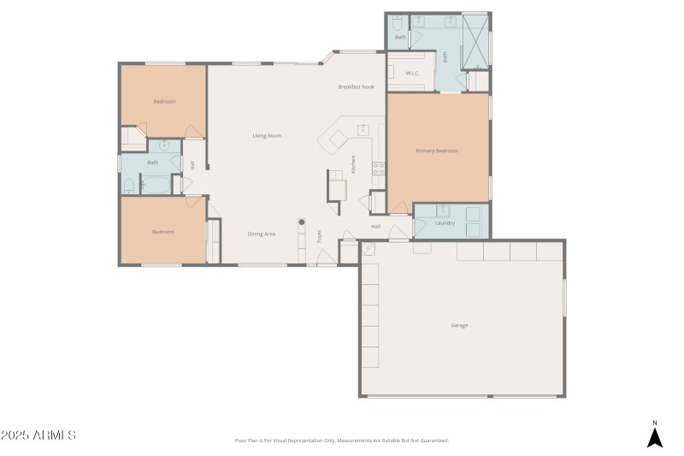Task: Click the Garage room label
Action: pos(459,325)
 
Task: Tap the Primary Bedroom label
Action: pos(437,151)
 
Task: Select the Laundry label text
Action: pos(445,223)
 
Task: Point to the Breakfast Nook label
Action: pos(356,86)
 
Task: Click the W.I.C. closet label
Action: pos(411,74)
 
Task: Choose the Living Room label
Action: pos(267,135)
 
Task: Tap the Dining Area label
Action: pos(262,234)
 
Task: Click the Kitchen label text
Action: pos(353,165)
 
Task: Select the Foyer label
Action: pos(319,235)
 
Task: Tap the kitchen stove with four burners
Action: pos(377,169)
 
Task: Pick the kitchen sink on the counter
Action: pos(363,129)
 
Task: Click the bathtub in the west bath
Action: pos(156,184)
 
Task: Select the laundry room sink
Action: pos(444,210)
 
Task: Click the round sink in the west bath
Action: pos(164,145)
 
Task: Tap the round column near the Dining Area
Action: pos(301,222)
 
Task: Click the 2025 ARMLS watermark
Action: pos(39,435)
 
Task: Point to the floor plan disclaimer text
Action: pos(341,441)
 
